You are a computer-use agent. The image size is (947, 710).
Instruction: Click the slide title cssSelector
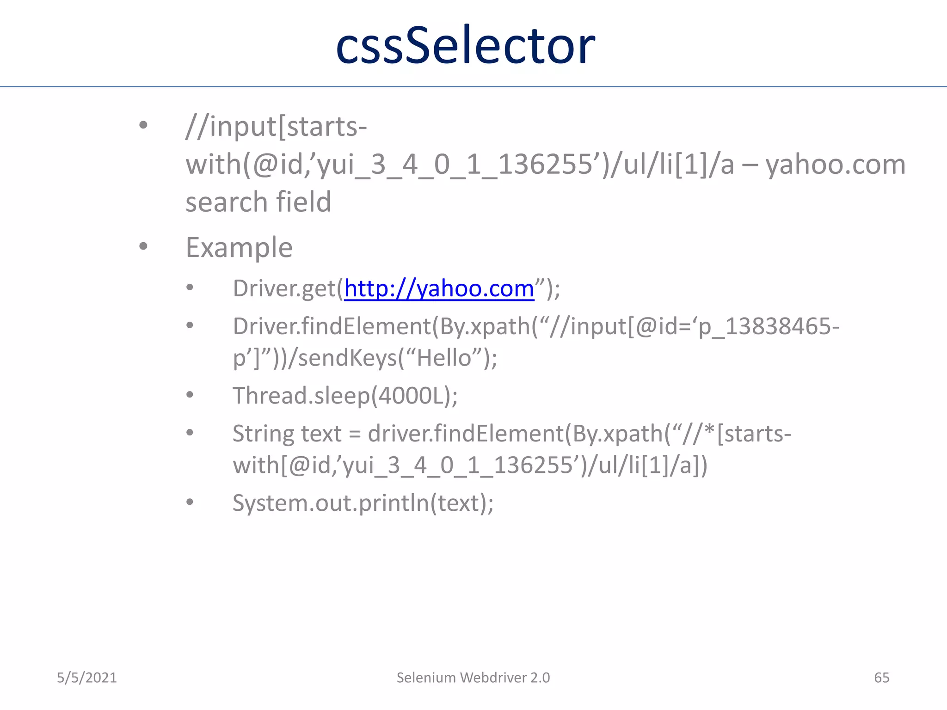point(465,45)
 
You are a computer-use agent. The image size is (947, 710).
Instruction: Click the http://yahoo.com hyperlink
point(439,288)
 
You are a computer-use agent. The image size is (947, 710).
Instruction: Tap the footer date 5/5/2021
point(87,678)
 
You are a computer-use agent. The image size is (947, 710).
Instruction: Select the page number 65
point(881,678)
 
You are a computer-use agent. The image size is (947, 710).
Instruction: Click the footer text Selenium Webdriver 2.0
point(473,678)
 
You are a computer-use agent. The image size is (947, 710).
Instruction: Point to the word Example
point(239,247)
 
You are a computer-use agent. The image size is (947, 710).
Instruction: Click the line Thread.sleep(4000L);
point(345,396)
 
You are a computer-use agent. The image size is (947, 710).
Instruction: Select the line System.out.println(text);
point(363,503)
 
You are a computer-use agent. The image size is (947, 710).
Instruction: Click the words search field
point(258,202)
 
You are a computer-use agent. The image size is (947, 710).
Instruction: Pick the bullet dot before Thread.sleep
point(190,395)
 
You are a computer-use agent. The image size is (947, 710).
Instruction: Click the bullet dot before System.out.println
point(190,502)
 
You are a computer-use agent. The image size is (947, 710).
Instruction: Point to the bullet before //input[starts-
point(143,125)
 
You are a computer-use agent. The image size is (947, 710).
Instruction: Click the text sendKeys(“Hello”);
point(398,358)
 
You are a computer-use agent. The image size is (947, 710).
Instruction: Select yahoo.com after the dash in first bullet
point(835,165)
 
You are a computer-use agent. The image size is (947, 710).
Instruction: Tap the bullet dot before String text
point(190,433)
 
